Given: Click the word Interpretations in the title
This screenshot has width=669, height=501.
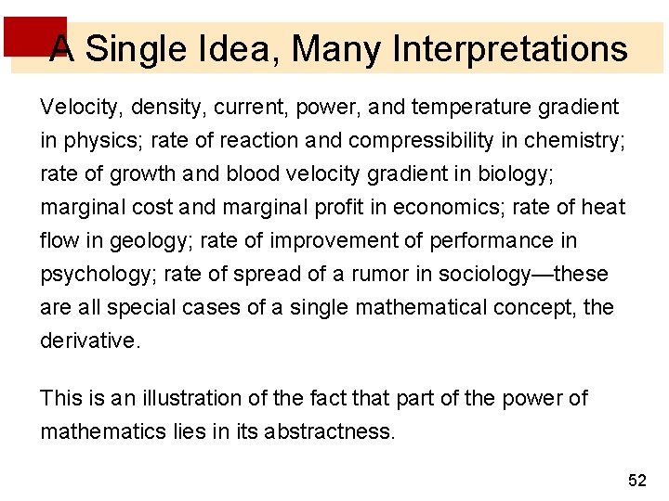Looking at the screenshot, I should [x=510, y=48].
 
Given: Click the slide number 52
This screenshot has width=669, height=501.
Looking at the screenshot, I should [x=636, y=480].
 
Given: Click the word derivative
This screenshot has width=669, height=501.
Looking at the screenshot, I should [x=88, y=340].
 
